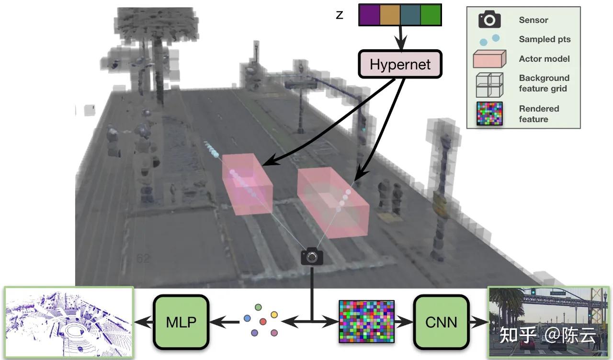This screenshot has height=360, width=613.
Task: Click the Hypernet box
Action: click(400, 65)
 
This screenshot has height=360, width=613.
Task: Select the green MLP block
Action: click(181, 322)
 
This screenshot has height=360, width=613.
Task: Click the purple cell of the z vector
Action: click(369, 15)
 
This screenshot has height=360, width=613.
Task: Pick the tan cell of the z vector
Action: click(390, 15)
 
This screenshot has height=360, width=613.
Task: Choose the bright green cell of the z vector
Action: click(431, 15)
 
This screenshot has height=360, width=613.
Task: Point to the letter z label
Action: click(340, 15)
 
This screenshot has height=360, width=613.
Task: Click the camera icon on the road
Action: click(312, 257)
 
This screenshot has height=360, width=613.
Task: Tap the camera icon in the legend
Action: click(489, 20)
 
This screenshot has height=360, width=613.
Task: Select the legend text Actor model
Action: click(544, 59)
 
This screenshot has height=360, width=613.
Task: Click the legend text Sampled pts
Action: click(545, 39)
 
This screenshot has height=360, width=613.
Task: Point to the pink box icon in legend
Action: click(489, 59)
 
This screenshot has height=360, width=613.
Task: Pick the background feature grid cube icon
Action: click(489, 85)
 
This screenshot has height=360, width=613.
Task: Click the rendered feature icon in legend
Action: click(489, 114)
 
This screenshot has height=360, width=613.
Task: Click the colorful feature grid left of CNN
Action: click(366, 321)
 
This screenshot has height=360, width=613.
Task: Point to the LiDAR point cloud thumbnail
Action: click(68, 322)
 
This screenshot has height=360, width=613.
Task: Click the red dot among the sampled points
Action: click(262, 321)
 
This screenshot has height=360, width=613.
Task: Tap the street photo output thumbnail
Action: click(549, 322)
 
